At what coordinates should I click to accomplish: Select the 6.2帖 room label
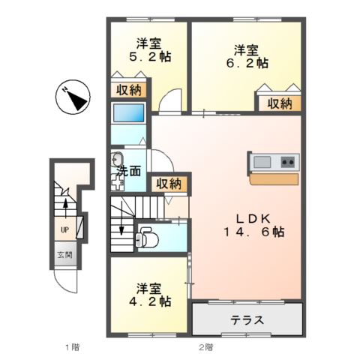click(x=247, y=57)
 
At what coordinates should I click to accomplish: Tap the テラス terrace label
click(x=247, y=320)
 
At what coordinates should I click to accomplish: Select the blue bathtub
click(x=127, y=113)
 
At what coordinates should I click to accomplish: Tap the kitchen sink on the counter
click(x=262, y=162)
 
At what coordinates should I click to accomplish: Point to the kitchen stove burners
click(x=289, y=162)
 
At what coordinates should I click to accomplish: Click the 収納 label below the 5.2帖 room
click(x=128, y=91)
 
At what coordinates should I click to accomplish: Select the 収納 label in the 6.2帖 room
click(x=280, y=104)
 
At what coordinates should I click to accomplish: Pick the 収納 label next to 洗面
click(x=168, y=184)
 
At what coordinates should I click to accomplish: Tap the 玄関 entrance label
click(x=65, y=255)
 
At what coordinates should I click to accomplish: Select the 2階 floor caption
click(x=206, y=347)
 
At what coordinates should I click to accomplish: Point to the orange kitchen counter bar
click(x=274, y=178)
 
